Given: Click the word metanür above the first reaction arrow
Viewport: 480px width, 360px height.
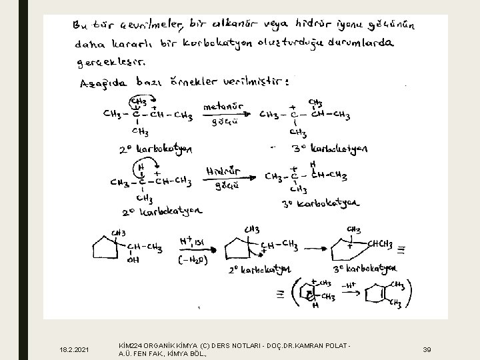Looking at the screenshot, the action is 223,107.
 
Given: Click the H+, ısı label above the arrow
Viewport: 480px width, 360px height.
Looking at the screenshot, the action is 194,241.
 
